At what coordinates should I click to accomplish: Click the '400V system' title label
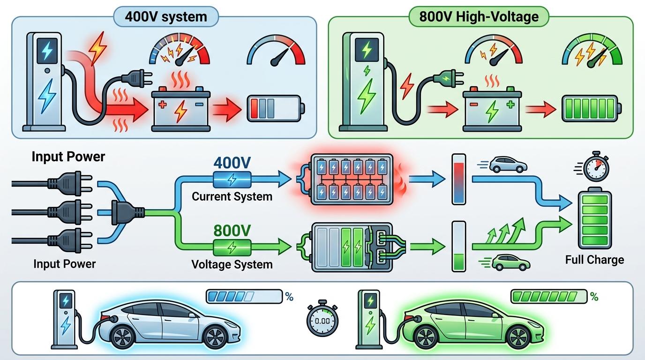166,17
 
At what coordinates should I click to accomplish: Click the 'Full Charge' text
594,260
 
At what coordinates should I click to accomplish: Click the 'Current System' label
232,196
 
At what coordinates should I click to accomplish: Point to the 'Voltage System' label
232,264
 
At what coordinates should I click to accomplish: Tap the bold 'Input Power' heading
68,157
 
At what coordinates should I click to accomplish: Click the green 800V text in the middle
232,230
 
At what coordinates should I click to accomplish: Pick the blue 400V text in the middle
232,163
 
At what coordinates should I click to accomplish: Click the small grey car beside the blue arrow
508,164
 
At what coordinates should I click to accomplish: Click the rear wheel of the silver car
123,337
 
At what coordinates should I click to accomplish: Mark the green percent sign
594,297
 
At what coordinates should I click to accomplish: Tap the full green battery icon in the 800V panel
592,107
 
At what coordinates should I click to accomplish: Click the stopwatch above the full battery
596,166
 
